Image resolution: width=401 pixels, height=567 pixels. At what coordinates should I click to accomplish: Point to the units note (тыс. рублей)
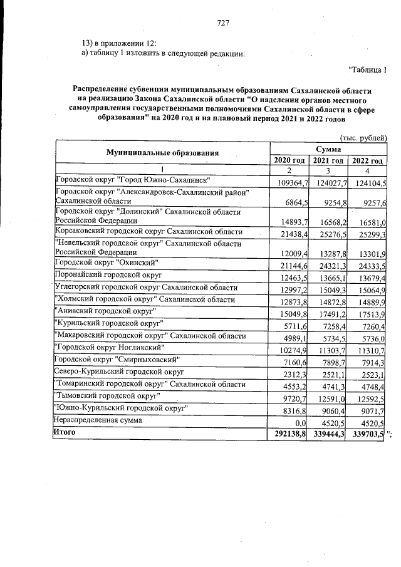coord(363,137)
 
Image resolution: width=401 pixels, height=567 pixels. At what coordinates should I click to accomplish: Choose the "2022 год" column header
coord(368,161)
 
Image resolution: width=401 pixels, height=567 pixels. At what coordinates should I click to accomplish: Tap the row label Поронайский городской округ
coord(108,275)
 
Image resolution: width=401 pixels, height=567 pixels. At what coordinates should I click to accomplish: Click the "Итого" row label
coord(65,433)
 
